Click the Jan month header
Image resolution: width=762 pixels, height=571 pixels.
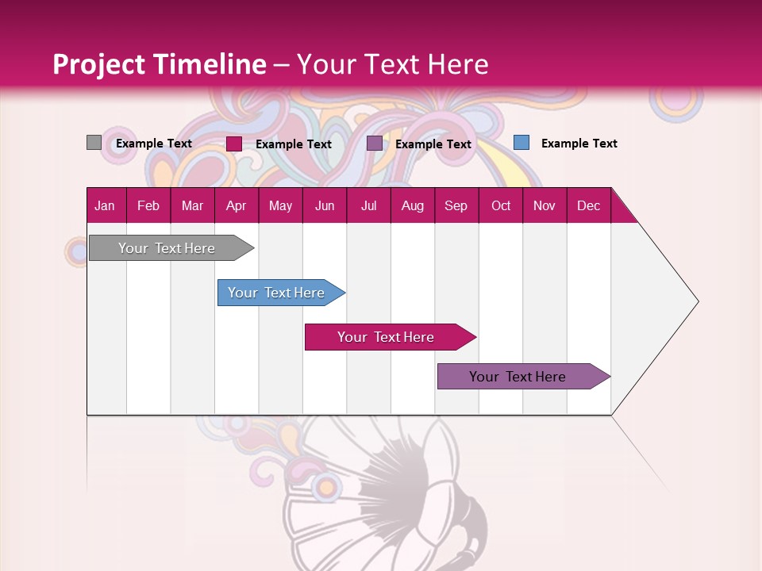coord(105,205)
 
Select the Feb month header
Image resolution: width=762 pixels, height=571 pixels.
coord(148,205)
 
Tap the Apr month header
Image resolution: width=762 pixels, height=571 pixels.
coord(236,205)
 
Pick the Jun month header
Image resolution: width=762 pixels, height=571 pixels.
coord(325,205)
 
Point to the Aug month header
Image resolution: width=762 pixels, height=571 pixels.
coord(412,205)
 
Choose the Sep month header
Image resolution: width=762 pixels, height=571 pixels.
coord(456,205)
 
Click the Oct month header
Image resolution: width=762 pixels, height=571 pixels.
coord(501,205)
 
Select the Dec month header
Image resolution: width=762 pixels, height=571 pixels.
coord(588,205)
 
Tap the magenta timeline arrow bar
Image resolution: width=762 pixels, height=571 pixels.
coord(387,337)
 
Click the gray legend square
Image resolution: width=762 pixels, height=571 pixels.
coord(94,143)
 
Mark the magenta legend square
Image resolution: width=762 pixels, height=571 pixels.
coord(234,144)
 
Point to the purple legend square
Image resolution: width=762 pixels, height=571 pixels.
coord(375,144)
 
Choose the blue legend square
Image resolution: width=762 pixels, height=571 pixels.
coord(521,143)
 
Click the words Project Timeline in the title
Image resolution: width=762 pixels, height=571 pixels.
coord(159,64)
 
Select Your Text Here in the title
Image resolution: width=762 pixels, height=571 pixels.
coord(393,64)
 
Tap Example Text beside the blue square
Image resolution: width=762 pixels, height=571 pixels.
coord(579,144)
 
